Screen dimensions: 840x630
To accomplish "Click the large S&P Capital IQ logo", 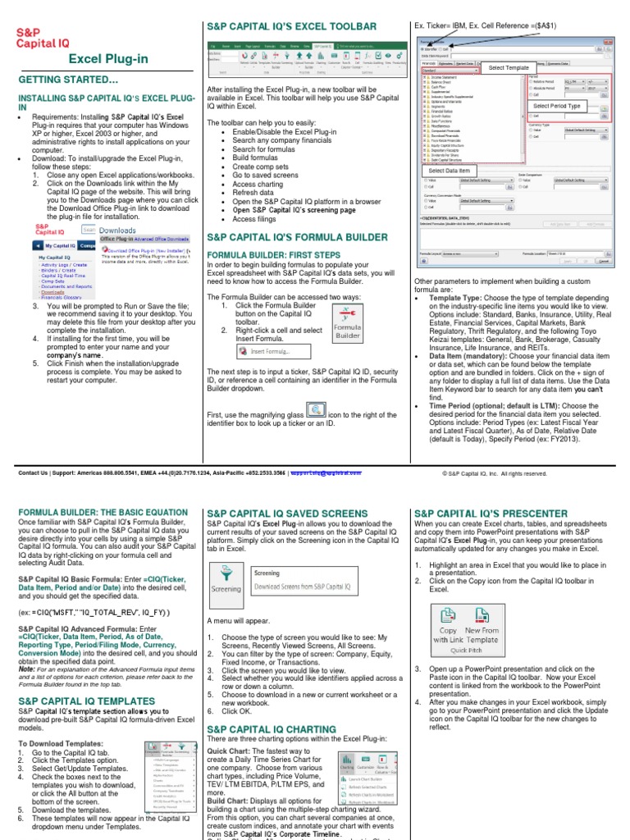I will pos(42,37).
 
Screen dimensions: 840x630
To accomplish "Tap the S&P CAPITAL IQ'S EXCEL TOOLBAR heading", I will pos(291,27).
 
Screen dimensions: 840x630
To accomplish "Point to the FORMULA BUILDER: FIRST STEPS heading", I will pos(278,255).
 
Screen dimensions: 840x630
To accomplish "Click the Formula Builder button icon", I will pos(347,322).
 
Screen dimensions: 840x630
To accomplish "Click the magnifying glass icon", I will pos(316,409).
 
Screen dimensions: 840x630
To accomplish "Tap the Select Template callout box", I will pos(509,67).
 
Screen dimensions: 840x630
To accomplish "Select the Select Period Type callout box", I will pos(556,107).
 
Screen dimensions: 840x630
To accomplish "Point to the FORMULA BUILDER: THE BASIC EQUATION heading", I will pos(103,513).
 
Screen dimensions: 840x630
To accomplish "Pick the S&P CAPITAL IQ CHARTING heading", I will pos(271,729).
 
